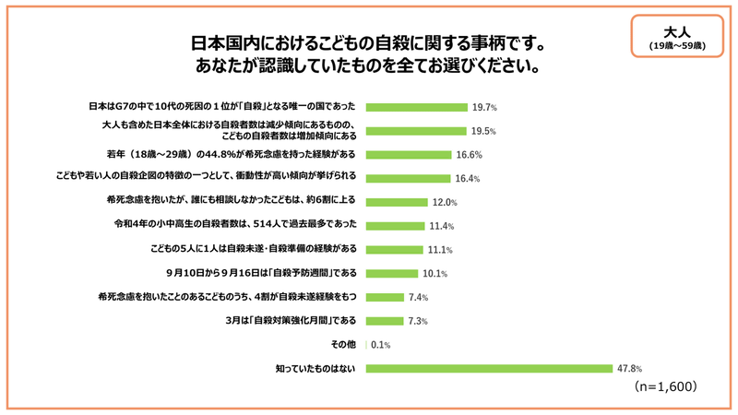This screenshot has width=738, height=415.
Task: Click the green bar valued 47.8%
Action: click(x=490, y=369)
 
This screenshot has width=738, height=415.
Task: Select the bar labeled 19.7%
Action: click(x=417, y=107)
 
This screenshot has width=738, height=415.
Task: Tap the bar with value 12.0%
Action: click(x=398, y=202)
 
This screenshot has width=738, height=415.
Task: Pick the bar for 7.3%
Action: click(x=385, y=321)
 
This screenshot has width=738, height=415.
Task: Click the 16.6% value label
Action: click(x=469, y=155)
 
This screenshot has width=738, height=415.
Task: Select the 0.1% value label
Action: click(x=381, y=345)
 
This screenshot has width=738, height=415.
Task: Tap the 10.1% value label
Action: click(x=435, y=274)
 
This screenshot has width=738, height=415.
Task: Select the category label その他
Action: click(x=343, y=345)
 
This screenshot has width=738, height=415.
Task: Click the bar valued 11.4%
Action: click(x=396, y=226)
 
